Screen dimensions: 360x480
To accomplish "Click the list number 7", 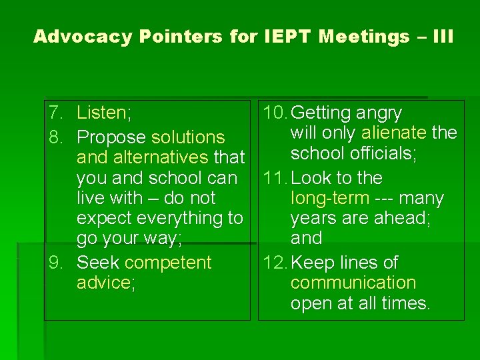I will click(x=56, y=113).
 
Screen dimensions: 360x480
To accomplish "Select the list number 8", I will click(x=56, y=137).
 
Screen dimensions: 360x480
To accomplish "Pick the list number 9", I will click(x=56, y=263).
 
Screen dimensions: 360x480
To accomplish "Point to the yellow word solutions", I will click(x=188, y=137).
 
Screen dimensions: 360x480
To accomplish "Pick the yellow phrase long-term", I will click(x=329, y=198).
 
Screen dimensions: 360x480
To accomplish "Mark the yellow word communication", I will click(x=353, y=283).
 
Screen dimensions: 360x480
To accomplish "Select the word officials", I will click(x=383, y=153).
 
